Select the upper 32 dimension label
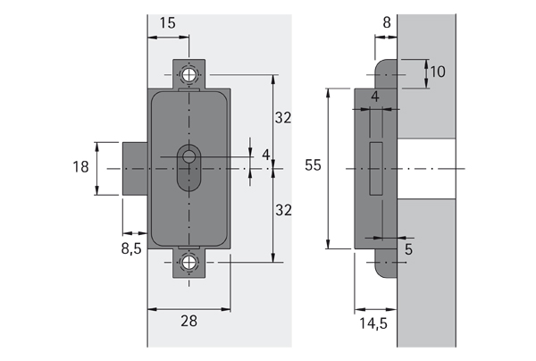[x=283, y=118]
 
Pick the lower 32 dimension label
[x=283, y=210]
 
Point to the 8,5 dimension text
[x=130, y=248]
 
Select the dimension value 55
[x=313, y=164]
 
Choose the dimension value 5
[x=408, y=249]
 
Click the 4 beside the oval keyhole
[x=265, y=155]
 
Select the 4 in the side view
[x=375, y=96]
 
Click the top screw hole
[x=189, y=74]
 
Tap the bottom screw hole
[x=189, y=263]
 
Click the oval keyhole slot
[x=188, y=166]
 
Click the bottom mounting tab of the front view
[x=189, y=265]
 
